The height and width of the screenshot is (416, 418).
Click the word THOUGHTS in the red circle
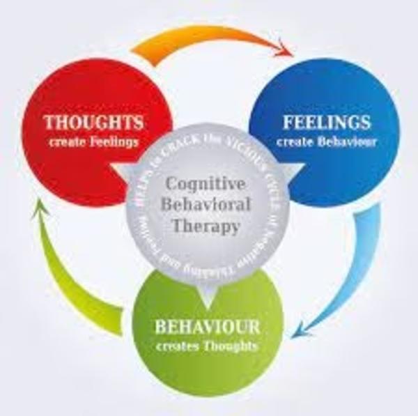point(94,123)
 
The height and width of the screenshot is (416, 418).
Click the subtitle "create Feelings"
point(94,143)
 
